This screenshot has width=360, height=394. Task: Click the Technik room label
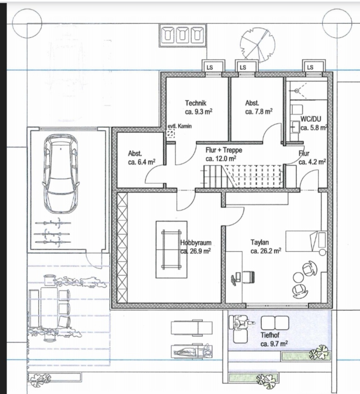click(x=196, y=103)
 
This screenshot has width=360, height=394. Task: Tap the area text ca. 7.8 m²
click(x=259, y=111)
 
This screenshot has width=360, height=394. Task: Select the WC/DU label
click(x=310, y=119)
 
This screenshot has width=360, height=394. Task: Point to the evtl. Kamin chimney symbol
click(x=171, y=133)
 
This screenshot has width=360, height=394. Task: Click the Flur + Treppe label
click(x=224, y=150)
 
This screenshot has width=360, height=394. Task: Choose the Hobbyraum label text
click(x=196, y=243)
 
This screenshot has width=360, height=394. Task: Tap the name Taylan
click(x=260, y=242)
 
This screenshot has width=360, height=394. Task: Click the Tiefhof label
click(x=270, y=335)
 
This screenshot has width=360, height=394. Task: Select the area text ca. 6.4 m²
click(x=142, y=162)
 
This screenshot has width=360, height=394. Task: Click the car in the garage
click(x=61, y=174)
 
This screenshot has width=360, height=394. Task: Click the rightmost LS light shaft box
click(x=314, y=66)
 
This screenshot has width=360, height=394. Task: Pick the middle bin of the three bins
click(x=183, y=35)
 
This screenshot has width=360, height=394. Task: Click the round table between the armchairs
click(x=299, y=278)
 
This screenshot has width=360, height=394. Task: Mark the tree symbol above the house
click(x=257, y=44)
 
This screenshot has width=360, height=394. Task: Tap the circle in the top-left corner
click(x=27, y=24)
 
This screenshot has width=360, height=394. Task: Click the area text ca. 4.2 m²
click(x=312, y=162)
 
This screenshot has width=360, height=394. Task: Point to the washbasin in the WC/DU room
click(x=296, y=127)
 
